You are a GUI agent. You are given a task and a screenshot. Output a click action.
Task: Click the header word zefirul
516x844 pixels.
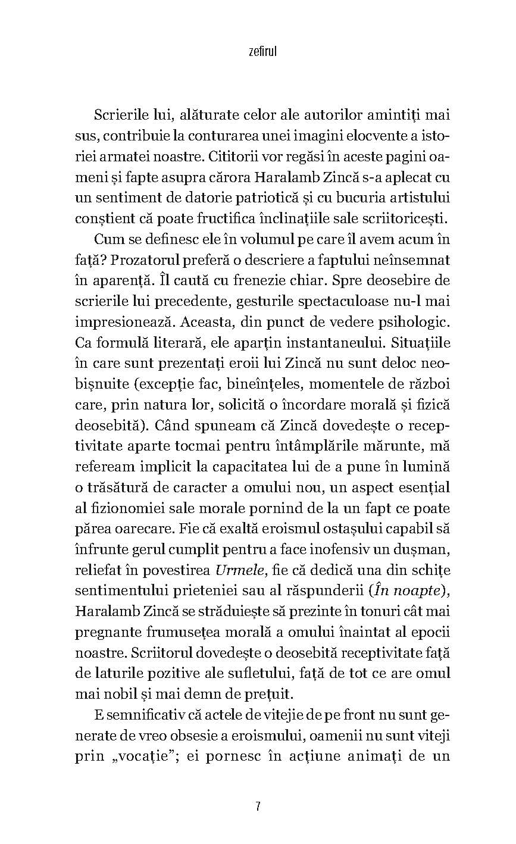[258, 52]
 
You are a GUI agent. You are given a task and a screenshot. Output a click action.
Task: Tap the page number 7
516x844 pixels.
[258, 807]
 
